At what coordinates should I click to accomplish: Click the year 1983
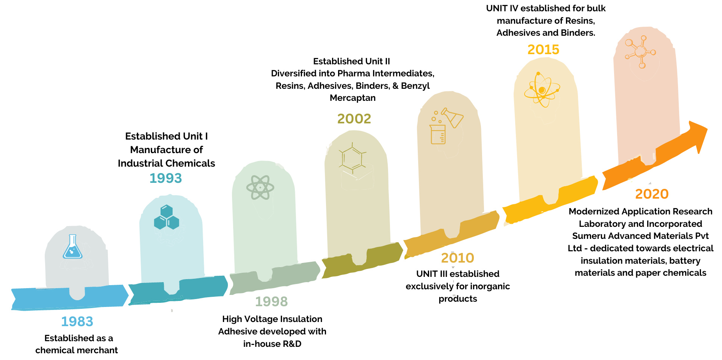point(77,321)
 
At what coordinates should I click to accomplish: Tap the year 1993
point(165,178)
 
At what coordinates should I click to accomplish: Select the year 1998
point(271,301)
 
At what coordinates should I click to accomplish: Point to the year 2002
point(354,118)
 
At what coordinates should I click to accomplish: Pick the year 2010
point(457,258)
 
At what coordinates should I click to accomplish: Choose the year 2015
point(543,49)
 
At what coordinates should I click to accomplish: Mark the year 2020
point(652,194)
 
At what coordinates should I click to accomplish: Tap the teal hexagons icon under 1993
point(167,217)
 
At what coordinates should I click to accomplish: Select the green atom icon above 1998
point(260,187)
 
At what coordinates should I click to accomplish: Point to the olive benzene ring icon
point(352,158)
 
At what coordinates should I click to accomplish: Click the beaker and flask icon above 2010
point(446,126)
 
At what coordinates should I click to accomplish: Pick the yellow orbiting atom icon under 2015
point(542,90)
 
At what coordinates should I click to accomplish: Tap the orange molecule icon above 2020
point(640,52)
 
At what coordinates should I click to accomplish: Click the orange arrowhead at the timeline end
point(697,136)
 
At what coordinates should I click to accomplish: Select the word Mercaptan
point(352,98)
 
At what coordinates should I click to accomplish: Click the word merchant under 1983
point(99,350)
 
